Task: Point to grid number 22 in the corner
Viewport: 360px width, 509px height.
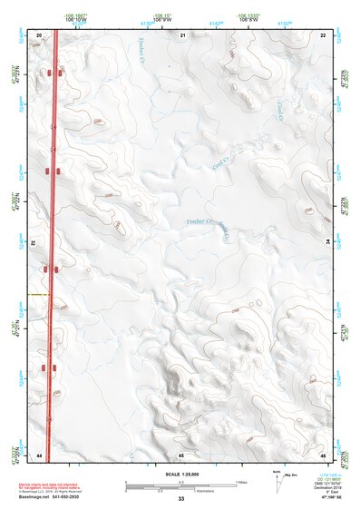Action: [324, 34]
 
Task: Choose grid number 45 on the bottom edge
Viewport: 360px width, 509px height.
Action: [181, 454]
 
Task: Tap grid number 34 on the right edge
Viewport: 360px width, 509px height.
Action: [326, 242]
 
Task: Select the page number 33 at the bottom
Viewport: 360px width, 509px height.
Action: [180, 499]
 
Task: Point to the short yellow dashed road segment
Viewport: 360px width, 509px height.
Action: [38, 296]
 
